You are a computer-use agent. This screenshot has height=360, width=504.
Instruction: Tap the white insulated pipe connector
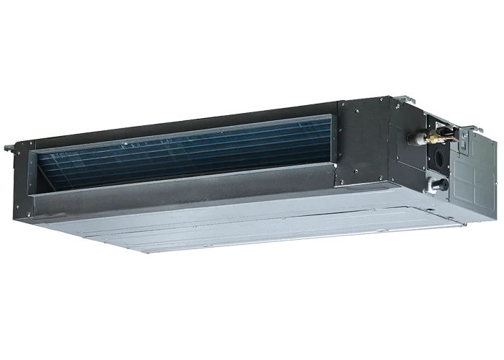(x=415, y=138)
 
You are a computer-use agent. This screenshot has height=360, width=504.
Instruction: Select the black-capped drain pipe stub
(x=440, y=184)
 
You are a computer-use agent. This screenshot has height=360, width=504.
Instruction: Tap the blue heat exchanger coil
(x=180, y=155)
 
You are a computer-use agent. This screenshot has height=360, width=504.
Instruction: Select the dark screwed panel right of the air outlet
(x=364, y=140)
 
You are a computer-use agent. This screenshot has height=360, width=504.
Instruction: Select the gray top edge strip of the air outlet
(x=180, y=132)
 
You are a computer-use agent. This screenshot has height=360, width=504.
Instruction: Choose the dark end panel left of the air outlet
(x=22, y=180)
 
